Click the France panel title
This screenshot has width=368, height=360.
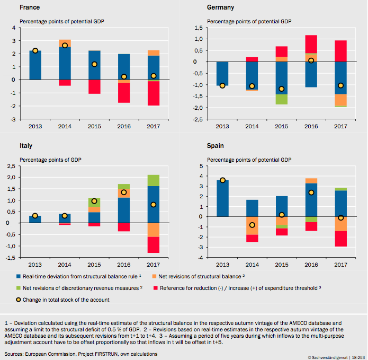[x=30, y=7]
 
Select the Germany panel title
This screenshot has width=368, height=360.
[x=220, y=7]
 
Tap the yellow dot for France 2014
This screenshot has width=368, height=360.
[x=65, y=46]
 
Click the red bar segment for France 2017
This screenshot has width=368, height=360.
[x=154, y=93]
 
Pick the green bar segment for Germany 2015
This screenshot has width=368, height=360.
[x=281, y=99]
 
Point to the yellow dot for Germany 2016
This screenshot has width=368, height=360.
[x=311, y=60]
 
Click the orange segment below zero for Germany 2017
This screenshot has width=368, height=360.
[x=340, y=100]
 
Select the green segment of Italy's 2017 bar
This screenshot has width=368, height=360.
[x=154, y=180]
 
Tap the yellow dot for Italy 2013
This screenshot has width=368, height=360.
[x=35, y=216]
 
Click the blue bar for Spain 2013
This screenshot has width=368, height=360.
[x=222, y=198]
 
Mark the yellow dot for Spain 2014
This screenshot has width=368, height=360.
[x=252, y=225]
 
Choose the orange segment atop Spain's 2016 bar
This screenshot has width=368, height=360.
[x=311, y=181]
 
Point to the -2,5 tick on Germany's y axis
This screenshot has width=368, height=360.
[x=199, y=119]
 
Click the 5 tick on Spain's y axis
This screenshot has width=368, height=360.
[x=201, y=166]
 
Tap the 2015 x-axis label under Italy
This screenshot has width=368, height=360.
[x=94, y=265]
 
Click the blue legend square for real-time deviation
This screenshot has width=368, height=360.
[x=19, y=277]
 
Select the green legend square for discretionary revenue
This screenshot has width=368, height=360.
[x=19, y=288]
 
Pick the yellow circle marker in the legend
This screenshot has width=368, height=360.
[x=19, y=300]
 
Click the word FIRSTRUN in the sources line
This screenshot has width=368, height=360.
[x=106, y=354]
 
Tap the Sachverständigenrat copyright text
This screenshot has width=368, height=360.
[x=328, y=357]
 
